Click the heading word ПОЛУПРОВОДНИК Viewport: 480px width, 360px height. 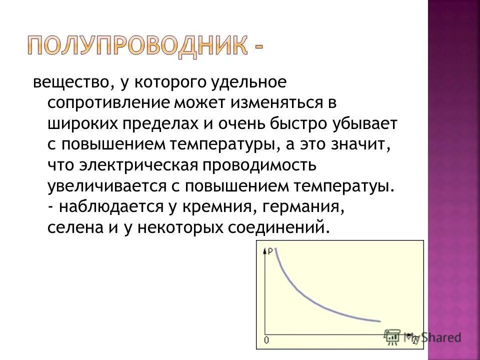coord(136,45)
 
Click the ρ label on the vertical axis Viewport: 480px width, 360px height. coord(270,251)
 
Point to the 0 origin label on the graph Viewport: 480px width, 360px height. coord(266,340)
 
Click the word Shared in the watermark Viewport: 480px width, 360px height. coord(440,337)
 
